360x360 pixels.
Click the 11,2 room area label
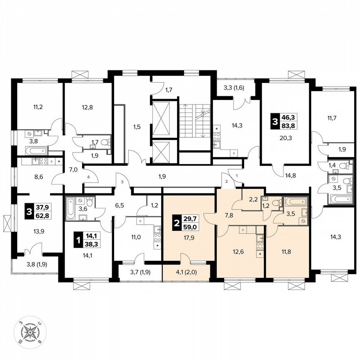[37, 106]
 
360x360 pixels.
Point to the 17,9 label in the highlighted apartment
[189, 239]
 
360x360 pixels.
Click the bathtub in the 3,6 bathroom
[70, 208]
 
